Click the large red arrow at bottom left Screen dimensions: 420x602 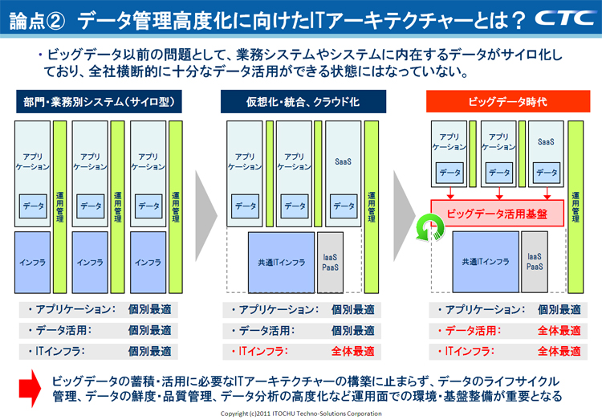(x=26, y=385)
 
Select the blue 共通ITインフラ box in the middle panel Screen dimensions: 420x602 (x=281, y=262)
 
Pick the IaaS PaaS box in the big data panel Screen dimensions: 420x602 (x=536, y=262)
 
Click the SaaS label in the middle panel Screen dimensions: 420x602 (x=344, y=161)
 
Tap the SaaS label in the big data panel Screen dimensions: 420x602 (x=547, y=141)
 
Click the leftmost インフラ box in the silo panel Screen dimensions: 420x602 (x=33, y=262)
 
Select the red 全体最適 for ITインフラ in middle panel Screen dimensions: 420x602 (x=352, y=351)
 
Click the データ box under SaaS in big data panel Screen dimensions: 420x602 (x=547, y=172)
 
